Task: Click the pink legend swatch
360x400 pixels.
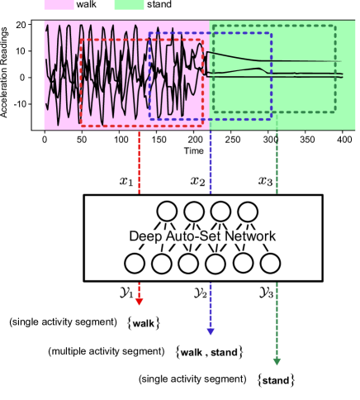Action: tap(59, 5)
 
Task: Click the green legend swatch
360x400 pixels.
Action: tap(129, 5)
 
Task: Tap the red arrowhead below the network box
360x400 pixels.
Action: tap(139, 301)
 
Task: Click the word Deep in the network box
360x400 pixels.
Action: tap(145, 236)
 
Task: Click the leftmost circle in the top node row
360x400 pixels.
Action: tap(168, 211)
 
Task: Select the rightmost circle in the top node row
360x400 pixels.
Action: tap(247, 211)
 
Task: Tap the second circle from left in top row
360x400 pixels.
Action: tap(194, 211)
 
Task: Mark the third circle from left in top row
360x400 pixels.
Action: tap(220, 211)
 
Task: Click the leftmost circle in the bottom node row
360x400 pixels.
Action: tap(135, 264)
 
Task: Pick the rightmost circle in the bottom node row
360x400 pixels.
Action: tap(270, 264)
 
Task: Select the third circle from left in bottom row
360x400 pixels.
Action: tap(188, 264)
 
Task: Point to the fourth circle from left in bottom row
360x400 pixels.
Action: tap(216, 264)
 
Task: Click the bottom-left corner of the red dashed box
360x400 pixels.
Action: tap(80, 126)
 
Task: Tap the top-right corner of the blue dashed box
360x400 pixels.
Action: tap(272, 34)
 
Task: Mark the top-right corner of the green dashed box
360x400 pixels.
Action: tap(335, 26)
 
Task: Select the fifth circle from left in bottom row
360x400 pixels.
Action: tap(243, 264)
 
